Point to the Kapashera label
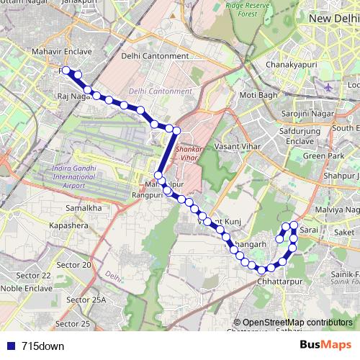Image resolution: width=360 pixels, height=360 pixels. tap(68, 225)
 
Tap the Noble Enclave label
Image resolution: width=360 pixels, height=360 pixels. tap(25, 288)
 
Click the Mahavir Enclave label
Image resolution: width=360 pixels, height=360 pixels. tap(62, 52)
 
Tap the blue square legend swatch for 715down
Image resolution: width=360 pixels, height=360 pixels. tap(12, 346)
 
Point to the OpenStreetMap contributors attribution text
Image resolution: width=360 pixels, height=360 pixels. tap(297, 323)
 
